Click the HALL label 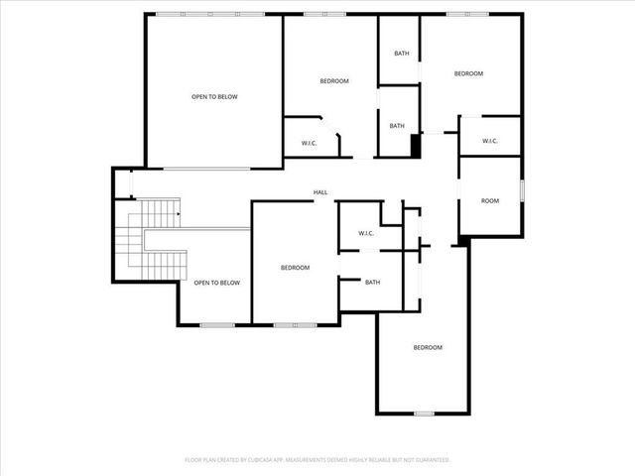(320, 192)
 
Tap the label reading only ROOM (490, 201)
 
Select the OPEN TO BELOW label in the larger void (214, 96)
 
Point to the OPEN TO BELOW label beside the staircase (216, 283)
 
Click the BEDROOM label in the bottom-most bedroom (427, 347)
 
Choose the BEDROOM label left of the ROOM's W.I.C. (468, 74)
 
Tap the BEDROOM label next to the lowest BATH (295, 268)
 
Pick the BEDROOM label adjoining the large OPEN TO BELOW (333, 80)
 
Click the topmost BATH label (401, 54)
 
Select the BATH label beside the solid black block (397, 126)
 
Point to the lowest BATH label (372, 283)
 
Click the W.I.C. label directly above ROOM (489, 141)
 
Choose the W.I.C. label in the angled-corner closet (309, 144)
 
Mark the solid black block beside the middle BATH (417, 145)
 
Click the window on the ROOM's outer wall (521, 189)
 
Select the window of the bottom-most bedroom (424, 413)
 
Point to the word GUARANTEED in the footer (429, 460)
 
